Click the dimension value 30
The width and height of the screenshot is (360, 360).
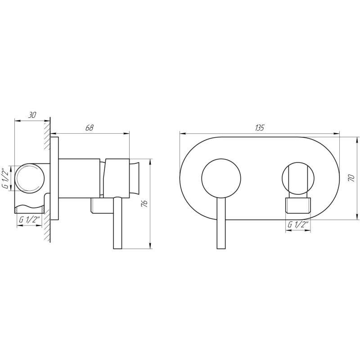point(32,115)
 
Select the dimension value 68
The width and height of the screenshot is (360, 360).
point(89,128)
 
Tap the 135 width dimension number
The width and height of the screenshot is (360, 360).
point(259,128)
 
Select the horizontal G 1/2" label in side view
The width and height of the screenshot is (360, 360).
point(30,220)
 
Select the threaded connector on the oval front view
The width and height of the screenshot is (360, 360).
point(298,205)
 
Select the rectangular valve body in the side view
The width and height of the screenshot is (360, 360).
point(80,178)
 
